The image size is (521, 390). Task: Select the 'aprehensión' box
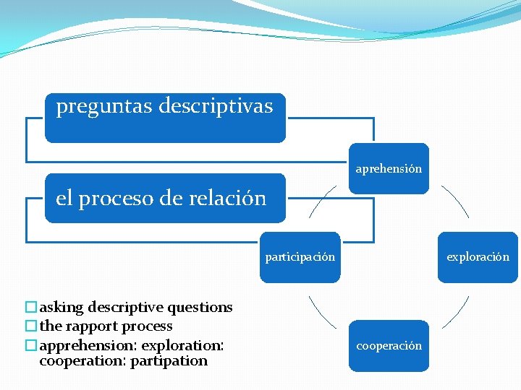(389, 169)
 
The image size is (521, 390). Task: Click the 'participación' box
(300, 257)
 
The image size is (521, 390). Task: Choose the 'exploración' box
(478, 257)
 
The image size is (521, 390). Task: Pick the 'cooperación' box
(389, 346)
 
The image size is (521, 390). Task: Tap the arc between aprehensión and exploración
(456, 201)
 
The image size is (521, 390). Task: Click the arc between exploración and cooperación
(456, 312)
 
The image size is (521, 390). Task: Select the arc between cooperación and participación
(321, 312)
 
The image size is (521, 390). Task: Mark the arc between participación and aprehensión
(321, 201)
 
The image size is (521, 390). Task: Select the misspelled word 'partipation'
(169, 361)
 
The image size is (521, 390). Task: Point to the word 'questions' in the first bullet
(200, 308)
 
